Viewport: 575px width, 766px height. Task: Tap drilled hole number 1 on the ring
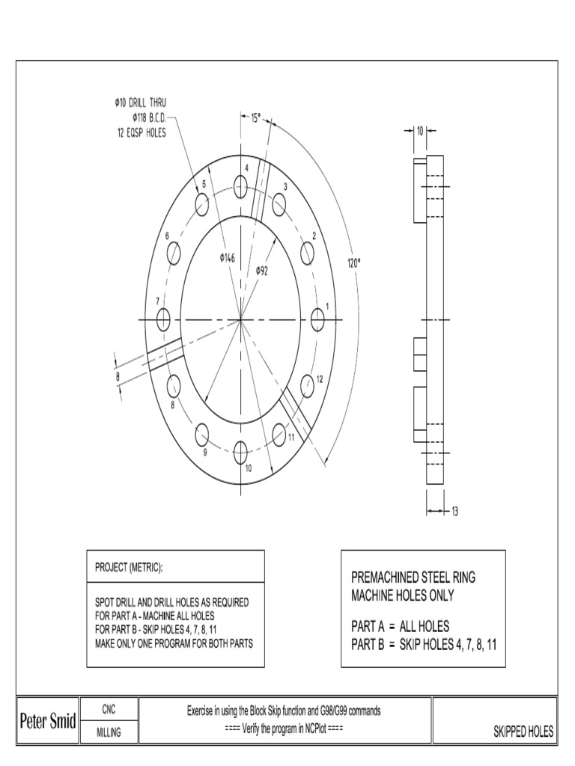pos(318,320)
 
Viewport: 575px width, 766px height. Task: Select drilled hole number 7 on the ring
pos(162,320)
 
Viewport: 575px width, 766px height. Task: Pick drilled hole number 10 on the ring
pos(240,451)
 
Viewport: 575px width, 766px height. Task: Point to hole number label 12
pos(319,379)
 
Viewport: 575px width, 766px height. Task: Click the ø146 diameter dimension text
pos(227,257)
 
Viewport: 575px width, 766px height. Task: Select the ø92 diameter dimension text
pos(261,270)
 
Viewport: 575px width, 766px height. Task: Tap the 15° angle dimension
pos(255,117)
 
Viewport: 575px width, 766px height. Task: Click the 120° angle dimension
pos(354,263)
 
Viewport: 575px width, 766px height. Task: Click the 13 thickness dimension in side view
pos(454,512)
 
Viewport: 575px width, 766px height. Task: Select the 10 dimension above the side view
pos(420,130)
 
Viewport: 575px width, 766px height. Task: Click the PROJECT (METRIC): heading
pos(128,568)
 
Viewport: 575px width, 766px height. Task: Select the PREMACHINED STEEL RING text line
pos(413,577)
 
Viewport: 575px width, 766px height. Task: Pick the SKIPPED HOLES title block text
pos(523,732)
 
